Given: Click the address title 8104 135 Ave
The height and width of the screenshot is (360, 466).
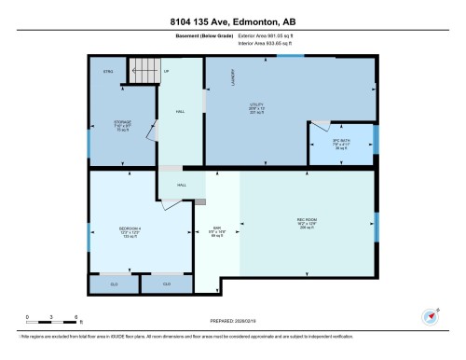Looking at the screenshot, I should [x=233, y=21].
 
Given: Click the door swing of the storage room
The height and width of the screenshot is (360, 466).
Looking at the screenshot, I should [x=147, y=131].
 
